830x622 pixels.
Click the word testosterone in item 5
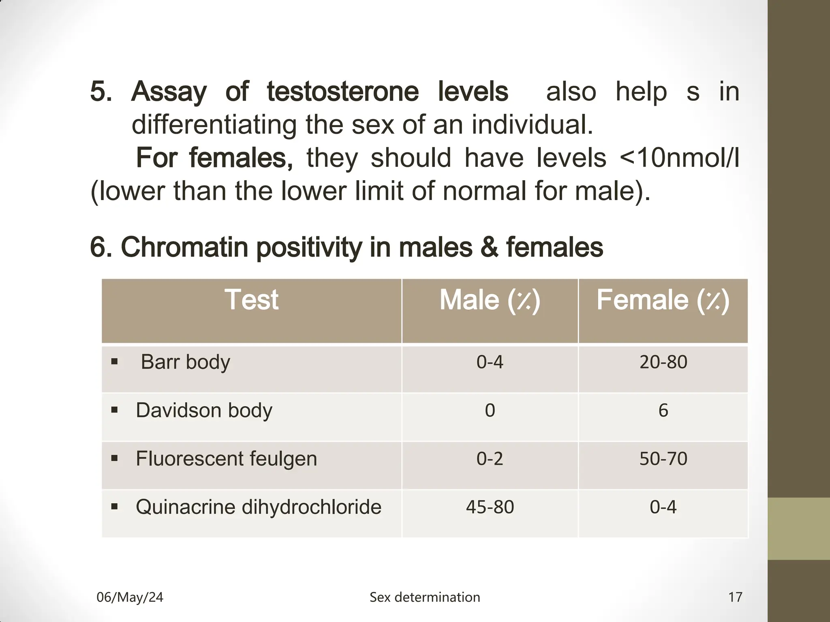[x=342, y=92]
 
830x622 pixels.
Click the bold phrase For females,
[x=214, y=158]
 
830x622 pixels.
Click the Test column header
[x=251, y=300]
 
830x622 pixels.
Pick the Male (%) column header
[x=490, y=300]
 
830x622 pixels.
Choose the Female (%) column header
[x=663, y=300]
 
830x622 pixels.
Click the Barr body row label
[x=185, y=362]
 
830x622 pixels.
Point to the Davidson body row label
[x=204, y=410]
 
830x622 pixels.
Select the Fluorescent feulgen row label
[x=226, y=459]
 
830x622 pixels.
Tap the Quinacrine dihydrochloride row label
[x=258, y=507]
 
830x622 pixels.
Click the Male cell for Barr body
[x=490, y=362]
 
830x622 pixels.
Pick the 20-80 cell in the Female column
[x=663, y=362]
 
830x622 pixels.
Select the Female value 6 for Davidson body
[x=663, y=410]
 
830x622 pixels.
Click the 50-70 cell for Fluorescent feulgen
[x=663, y=459]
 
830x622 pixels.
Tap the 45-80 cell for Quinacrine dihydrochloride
[x=490, y=507]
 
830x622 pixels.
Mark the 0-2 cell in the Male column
[x=490, y=459]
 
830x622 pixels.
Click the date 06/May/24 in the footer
[x=130, y=597]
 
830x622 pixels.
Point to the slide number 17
[x=735, y=597]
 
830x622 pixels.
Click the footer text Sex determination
[x=424, y=597]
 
